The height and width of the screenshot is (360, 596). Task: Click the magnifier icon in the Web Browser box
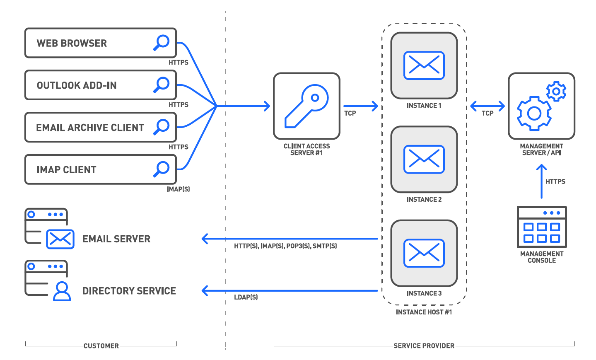pos(162,43)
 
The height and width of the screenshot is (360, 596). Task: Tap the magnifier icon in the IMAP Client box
pos(162,169)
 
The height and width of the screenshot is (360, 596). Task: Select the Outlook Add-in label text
pos(77,85)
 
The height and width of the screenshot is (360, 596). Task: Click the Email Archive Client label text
pos(90,128)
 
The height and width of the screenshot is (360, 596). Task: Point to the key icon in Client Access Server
pos(306,106)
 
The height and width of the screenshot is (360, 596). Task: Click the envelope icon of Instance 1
pos(424,65)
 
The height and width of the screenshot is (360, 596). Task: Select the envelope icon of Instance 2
pos(424,159)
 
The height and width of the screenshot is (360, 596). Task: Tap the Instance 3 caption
pos(424,293)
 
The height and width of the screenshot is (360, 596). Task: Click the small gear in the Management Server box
pos(556,92)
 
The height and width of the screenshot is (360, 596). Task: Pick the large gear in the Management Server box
pos(534,114)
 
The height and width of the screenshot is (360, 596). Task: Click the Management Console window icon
pos(542,227)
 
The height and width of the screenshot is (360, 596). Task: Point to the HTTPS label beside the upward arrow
pos(555,181)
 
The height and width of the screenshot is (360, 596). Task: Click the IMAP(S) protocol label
pos(178,189)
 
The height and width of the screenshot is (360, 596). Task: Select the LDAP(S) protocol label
pos(246,297)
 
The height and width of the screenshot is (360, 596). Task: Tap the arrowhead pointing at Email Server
pos(205,239)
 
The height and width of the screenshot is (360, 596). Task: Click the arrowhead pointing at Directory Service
pos(205,290)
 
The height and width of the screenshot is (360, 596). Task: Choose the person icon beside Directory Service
pos(62,291)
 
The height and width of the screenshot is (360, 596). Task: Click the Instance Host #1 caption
pos(424,312)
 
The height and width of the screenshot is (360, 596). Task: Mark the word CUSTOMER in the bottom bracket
pos(101,346)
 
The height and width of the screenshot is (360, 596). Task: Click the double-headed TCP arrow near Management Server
pos(487,106)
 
